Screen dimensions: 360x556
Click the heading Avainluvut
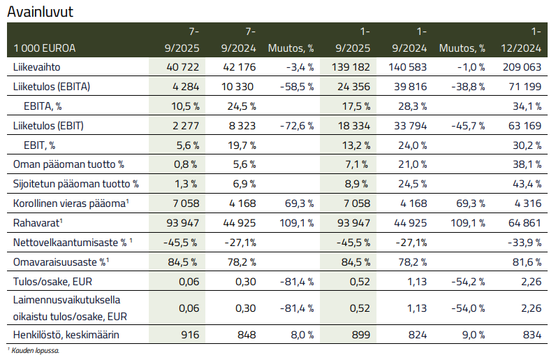40,11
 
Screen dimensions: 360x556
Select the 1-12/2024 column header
522,40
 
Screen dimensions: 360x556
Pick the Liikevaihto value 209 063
522,67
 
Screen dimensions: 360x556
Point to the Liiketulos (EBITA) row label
52,87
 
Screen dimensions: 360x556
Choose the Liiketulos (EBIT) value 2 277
185,126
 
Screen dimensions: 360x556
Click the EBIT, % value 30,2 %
527,145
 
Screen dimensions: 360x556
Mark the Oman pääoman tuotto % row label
68,165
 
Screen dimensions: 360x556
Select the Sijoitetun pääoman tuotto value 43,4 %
527,184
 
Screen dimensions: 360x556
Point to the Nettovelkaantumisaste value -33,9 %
525,243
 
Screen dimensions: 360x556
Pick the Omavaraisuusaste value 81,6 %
527,262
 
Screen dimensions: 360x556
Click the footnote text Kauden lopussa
35,351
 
